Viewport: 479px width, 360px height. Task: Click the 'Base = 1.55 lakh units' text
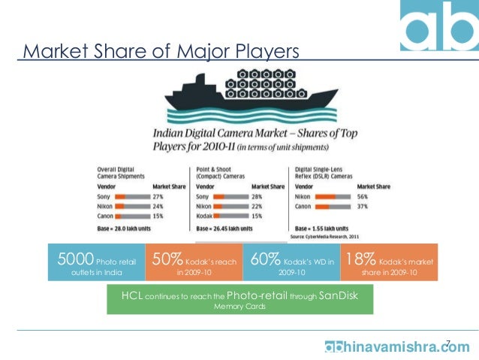pos(321,226)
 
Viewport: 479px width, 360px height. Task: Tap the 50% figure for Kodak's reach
pos(167,260)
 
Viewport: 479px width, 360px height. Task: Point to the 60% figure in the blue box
pos(266,260)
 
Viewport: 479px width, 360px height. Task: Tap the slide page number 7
pos(448,343)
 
